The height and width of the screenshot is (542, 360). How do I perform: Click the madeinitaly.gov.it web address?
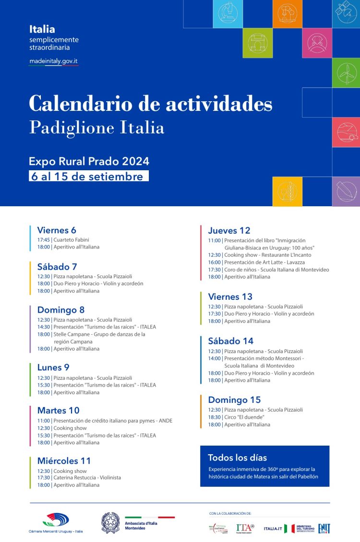53,61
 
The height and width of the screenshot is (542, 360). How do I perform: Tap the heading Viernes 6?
57,230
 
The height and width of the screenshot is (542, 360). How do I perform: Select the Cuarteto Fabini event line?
71,240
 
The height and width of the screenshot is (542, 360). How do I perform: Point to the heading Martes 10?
58,411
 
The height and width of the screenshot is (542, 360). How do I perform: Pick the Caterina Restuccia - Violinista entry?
87,478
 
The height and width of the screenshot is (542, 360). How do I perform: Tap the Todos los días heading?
237,458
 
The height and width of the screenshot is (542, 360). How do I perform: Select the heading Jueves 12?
229,231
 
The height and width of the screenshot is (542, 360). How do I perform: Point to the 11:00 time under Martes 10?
43,421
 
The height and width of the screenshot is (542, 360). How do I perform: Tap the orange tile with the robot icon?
287,13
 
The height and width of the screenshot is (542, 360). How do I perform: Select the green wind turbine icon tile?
346,73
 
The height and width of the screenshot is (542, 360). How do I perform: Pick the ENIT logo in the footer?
324,528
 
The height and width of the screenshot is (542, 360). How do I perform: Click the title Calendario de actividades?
150,104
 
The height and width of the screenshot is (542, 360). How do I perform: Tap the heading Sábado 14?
230,342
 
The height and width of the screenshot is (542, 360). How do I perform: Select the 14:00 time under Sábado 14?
214,358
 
